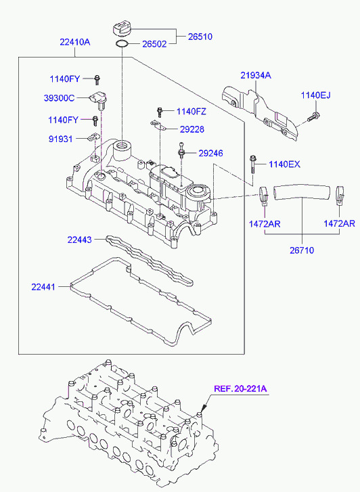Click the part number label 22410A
[75, 42]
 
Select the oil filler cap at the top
[121, 28]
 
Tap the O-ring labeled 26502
[122, 44]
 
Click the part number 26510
[200, 37]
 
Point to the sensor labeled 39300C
[99, 99]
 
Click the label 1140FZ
[192, 112]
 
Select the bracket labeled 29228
[158, 125]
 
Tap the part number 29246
[210, 153]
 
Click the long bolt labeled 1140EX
[252, 169]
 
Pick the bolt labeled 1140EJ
[313, 117]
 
